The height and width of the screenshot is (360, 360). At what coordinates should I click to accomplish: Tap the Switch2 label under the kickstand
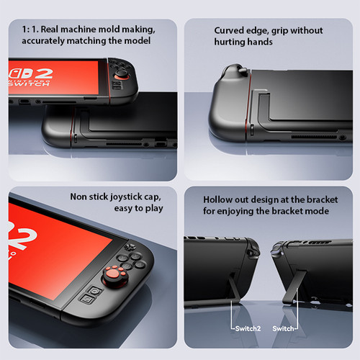[248, 328]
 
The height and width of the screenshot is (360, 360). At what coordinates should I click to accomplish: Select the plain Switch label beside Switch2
[283, 328]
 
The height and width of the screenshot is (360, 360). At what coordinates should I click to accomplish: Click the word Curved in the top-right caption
[228, 30]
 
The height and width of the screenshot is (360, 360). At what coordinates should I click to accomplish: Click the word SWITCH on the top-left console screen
[29, 84]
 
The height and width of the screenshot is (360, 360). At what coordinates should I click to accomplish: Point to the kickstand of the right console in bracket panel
[294, 287]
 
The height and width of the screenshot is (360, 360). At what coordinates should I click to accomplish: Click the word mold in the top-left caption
[109, 30]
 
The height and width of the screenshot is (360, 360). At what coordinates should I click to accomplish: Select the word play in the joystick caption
[154, 209]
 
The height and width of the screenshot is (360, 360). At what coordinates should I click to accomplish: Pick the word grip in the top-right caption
[279, 31]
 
